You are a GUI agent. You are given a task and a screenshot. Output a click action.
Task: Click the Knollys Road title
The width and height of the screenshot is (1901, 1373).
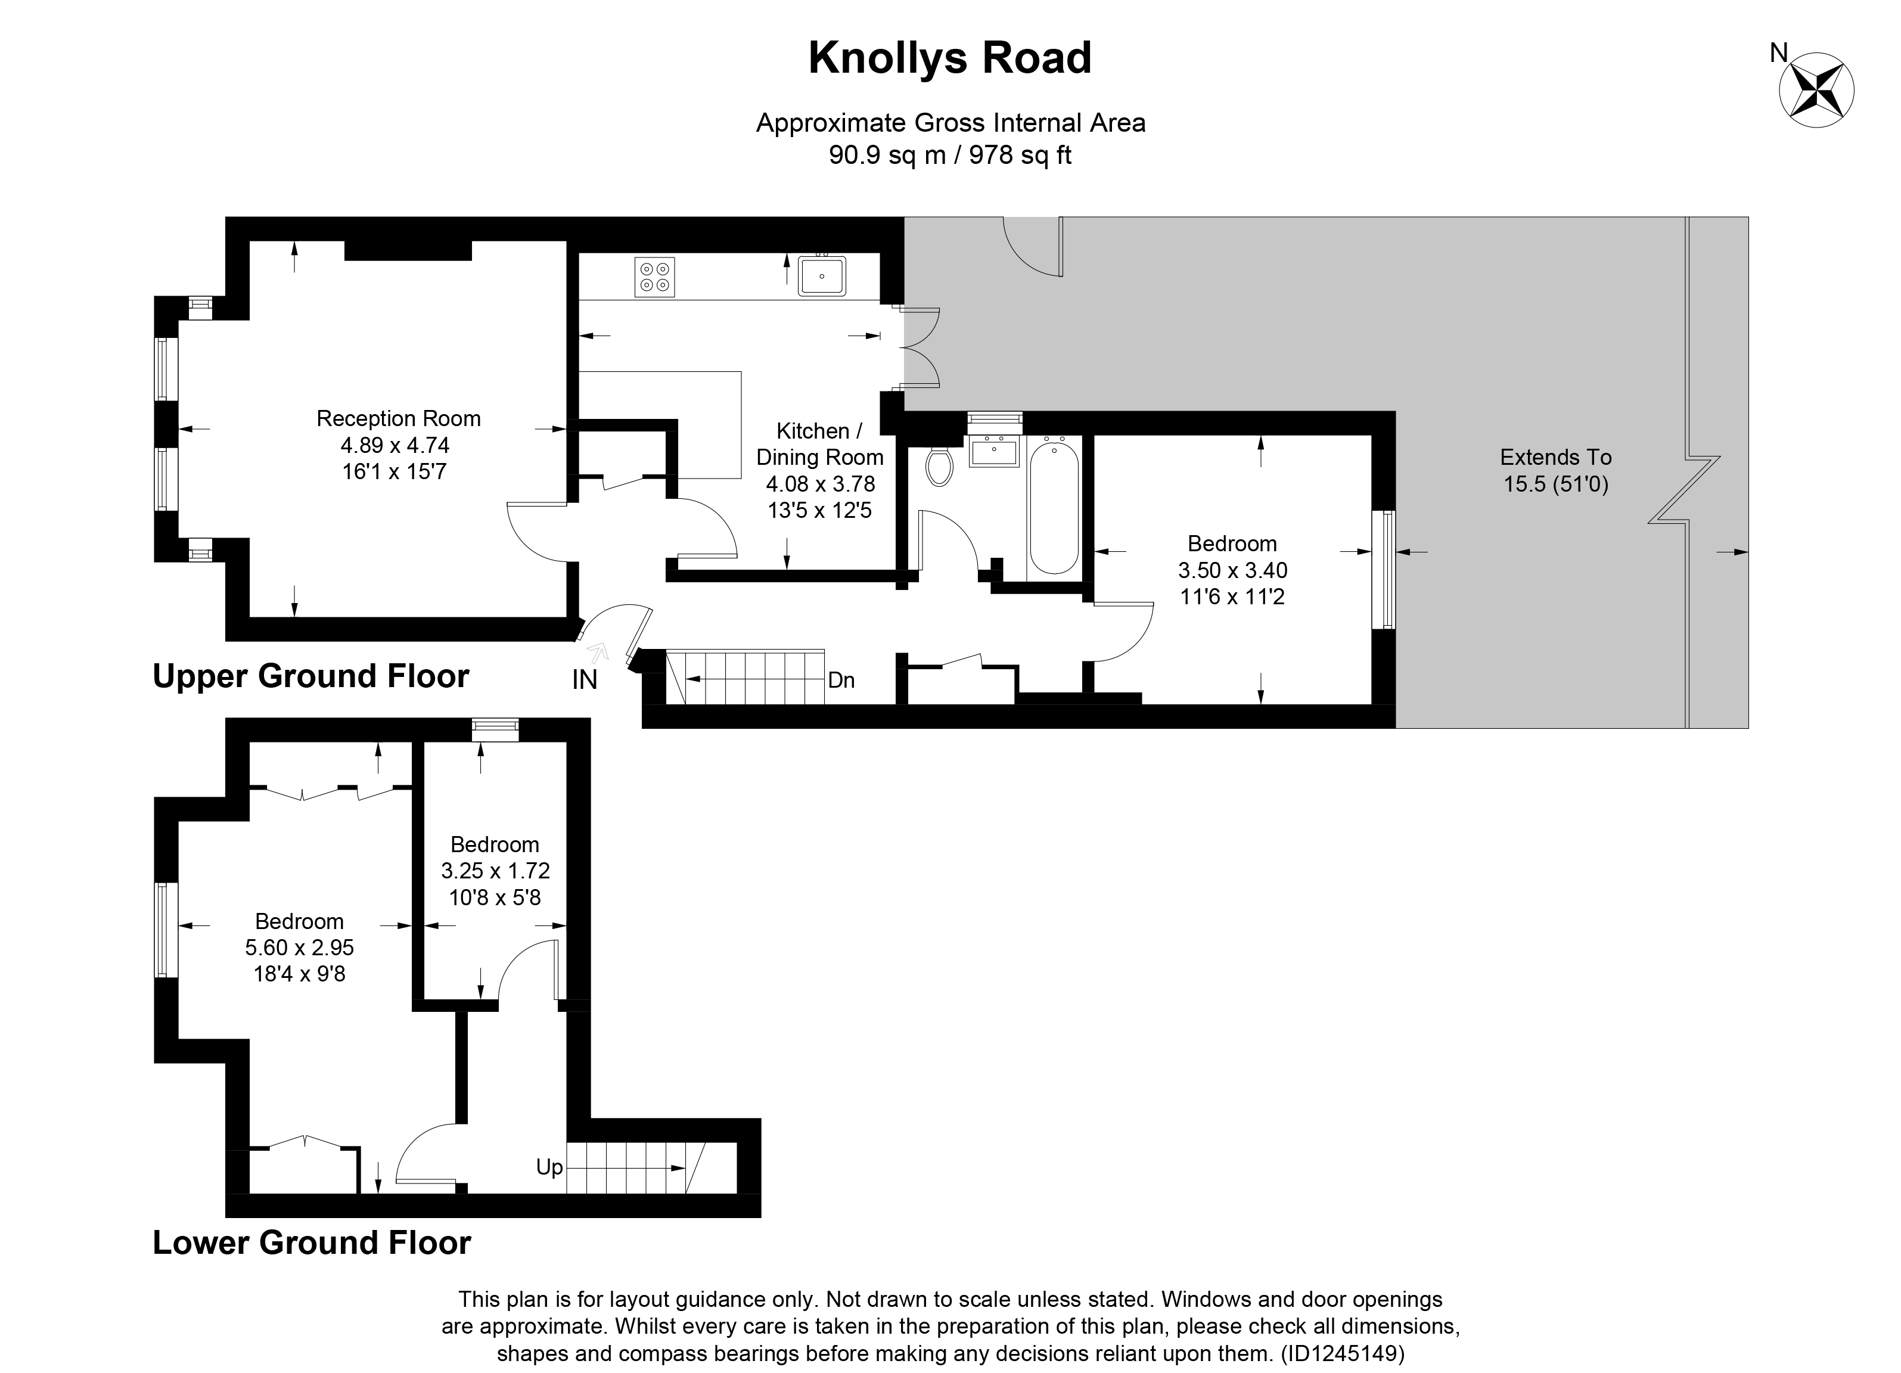[950, 58]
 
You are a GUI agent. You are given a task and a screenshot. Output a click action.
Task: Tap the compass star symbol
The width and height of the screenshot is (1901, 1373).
[1816, 91]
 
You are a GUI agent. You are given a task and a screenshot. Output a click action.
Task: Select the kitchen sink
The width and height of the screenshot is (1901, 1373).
[821, 276]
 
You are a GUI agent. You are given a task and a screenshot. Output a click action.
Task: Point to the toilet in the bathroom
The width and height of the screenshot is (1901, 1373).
[940, 466]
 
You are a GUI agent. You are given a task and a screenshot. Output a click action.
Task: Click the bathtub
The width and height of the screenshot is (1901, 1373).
[1054, 508]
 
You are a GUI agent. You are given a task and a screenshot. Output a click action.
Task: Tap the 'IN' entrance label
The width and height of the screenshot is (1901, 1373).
[584, 680]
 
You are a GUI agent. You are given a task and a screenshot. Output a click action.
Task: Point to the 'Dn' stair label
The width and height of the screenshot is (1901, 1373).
[841, 680]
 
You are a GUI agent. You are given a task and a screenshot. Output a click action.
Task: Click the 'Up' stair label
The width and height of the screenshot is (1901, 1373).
[549, 1167]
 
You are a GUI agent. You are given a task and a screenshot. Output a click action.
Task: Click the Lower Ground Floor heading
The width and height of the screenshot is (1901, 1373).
[311, 1242]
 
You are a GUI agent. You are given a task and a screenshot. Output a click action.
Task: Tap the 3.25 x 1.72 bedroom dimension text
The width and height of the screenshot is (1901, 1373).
[495, 871]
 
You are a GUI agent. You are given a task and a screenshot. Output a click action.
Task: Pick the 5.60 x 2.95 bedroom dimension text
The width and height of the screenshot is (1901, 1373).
[299, 948]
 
